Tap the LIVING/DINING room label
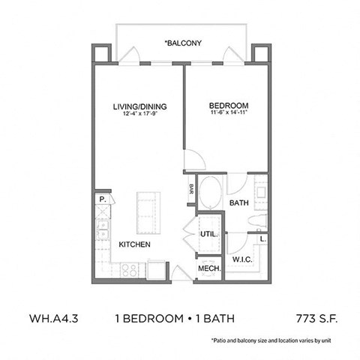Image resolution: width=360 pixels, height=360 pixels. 140,106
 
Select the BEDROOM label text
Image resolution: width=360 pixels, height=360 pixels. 229,106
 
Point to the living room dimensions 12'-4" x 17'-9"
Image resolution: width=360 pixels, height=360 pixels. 140,114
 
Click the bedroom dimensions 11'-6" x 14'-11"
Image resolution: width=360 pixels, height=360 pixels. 229,114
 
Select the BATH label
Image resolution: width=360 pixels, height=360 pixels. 239,202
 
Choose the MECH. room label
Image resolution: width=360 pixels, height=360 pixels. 208,268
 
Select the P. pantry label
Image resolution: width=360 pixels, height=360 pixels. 100,199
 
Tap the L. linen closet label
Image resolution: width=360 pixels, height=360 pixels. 262,238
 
